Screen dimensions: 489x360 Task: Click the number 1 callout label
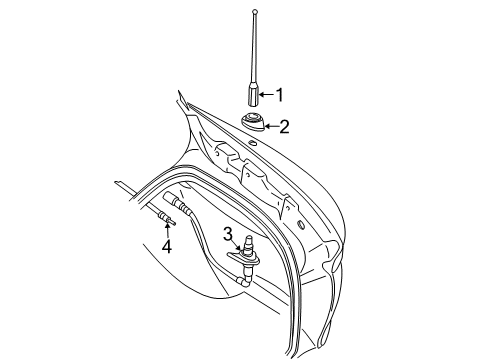[280, 95]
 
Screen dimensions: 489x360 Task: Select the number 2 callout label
[284, 126]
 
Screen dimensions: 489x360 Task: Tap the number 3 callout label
[228, 236]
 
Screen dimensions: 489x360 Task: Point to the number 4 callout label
[167, 245]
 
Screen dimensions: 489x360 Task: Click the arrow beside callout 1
[266, 95]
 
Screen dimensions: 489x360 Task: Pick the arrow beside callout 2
[270, 126]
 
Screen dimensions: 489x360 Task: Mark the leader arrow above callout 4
[166, 231]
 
